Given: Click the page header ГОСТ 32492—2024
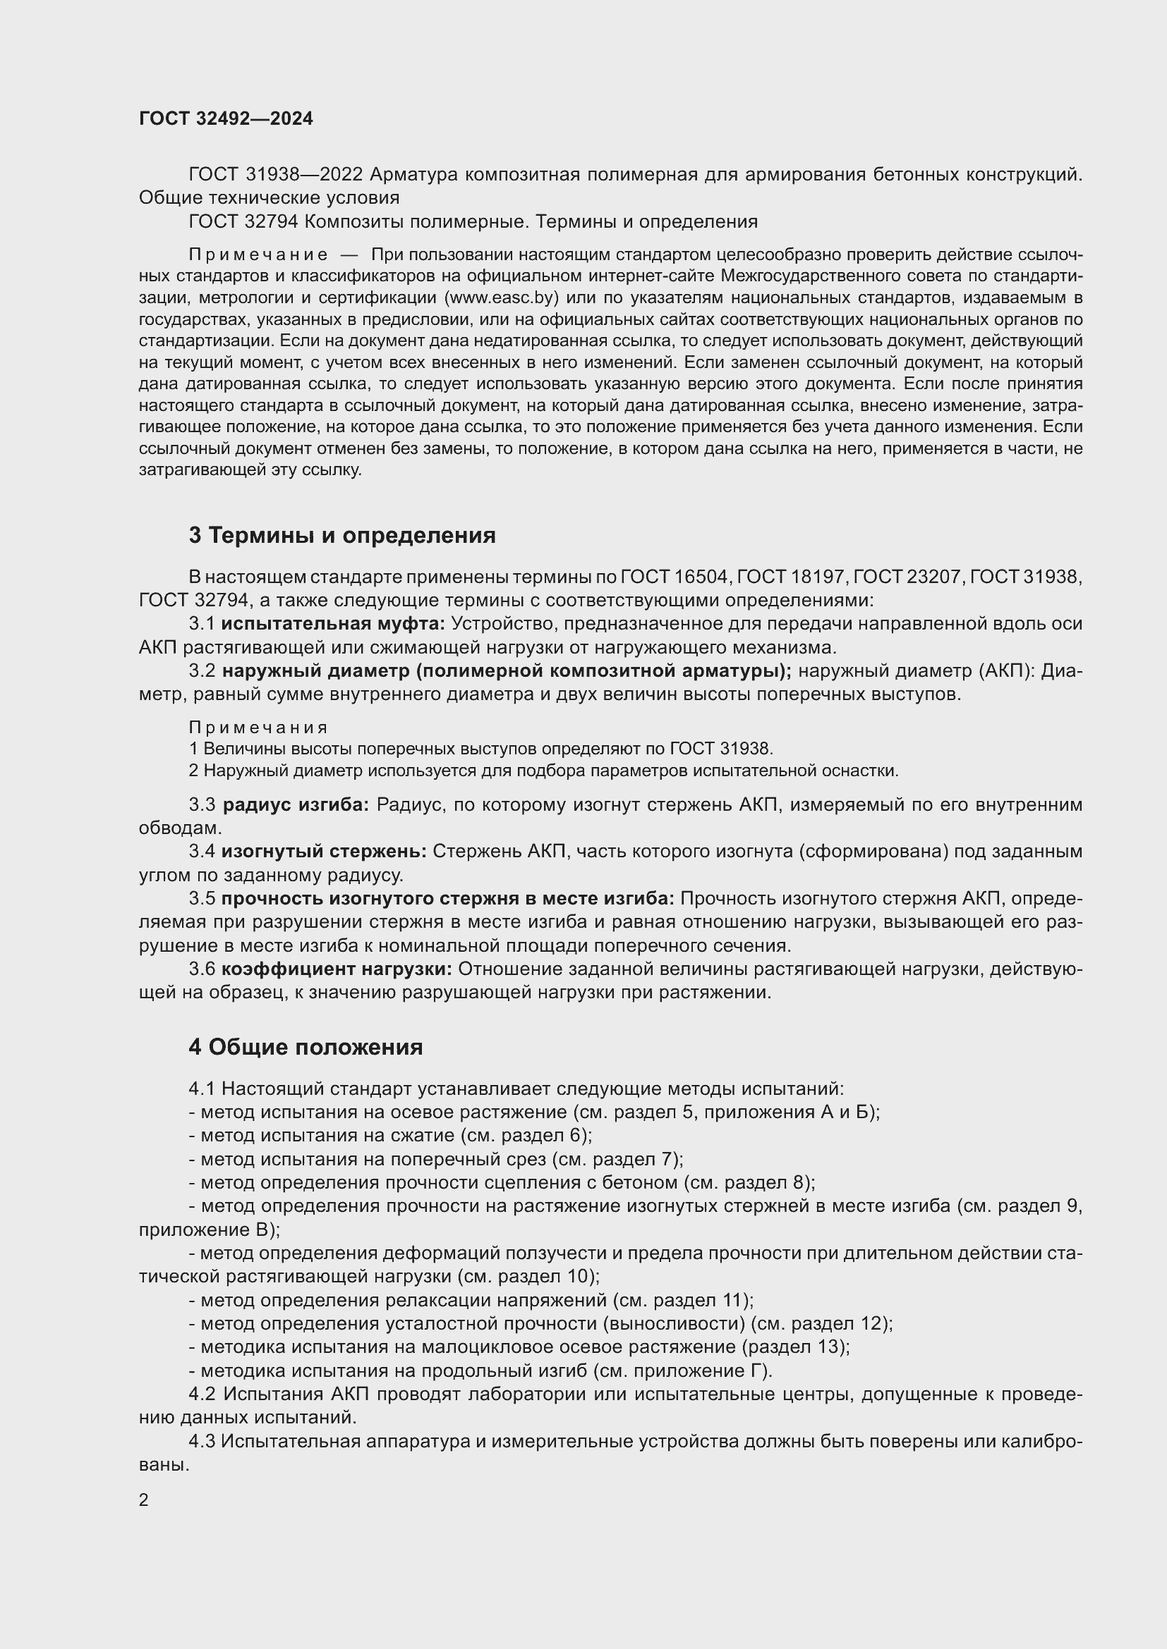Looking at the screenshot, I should (226, 118).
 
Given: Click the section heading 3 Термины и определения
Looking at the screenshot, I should (342, 535).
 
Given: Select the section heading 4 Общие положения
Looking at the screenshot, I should (306, 1047).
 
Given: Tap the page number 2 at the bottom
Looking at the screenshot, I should (144, 1500).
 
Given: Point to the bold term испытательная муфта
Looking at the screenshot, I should (333, 624).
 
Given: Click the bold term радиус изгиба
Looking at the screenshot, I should (296, 804).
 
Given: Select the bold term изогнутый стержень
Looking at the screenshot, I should (323, 851).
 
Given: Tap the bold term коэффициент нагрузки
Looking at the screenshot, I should (337, 969).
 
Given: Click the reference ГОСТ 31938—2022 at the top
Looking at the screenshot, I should (277, 175).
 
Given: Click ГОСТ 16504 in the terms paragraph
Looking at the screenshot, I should (675, 577).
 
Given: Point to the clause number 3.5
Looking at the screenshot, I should (202, 898).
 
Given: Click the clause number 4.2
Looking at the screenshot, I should (202, 1394).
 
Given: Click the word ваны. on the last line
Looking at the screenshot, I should (163, 1464).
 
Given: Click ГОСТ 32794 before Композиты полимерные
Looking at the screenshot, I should (243, 222).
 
